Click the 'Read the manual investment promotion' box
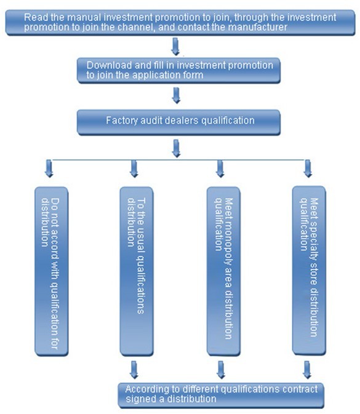[180, 22]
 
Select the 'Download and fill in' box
[178, 71]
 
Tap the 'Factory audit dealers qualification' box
[178, 122]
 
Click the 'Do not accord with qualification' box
[52, 271]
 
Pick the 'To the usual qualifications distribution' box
[137, 271]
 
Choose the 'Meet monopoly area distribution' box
[223, 271]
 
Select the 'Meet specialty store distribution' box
[309, 271]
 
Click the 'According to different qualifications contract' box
[221, 396]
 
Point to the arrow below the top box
[175, 47]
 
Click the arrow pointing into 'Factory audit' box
[176, 95]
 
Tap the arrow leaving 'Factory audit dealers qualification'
[176, 148]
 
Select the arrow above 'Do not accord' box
[49, 168]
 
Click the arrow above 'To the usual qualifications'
[134, 169]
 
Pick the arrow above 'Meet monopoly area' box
[220, 169]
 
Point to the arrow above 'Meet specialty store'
[308, 168]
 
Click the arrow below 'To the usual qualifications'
[134, 370]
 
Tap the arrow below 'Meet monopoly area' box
[221, 370]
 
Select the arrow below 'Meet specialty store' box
[307, 370]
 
